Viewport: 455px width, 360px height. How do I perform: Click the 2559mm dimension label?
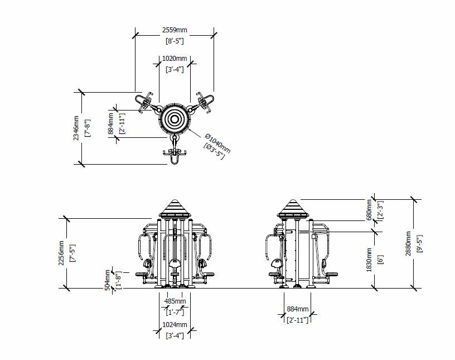tap(175, 30)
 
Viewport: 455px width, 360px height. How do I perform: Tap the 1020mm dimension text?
tap(175, 59)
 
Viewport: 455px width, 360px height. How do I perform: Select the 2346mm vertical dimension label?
tap(76, 128)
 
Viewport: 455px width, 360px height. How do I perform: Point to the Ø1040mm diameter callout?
tap(217, 143)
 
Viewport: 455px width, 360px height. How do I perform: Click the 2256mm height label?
tap(61, 253)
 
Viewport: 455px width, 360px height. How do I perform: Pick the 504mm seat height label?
tap(108, 280)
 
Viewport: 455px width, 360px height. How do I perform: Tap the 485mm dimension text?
tap(175, 301)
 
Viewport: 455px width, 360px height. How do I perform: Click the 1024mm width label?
tap(175, 324)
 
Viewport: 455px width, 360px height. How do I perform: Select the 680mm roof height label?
tap(369, 210)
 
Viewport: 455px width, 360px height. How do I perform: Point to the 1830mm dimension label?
tap(369, 260)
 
